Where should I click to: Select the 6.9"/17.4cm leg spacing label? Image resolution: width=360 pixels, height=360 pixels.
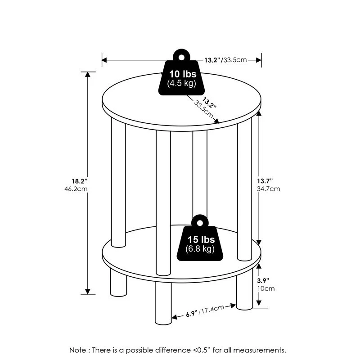[205, 309]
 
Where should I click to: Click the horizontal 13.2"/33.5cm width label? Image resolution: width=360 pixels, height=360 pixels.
[225, 60]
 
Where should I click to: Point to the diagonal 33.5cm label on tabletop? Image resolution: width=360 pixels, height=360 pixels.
[203, 110]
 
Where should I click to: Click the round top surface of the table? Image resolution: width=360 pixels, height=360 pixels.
[148, 101]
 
